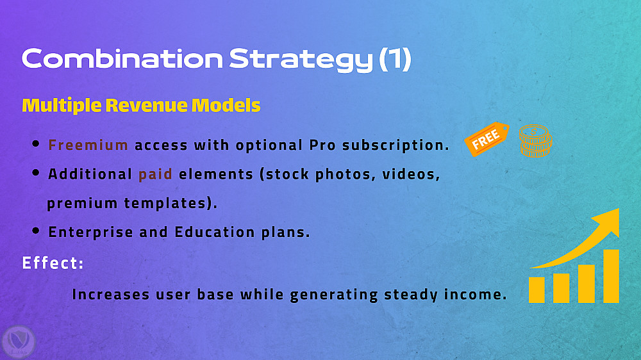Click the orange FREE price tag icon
[487, 139]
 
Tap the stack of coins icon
[535, 141]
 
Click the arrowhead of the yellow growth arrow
[608, 220]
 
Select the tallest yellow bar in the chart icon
[611, 276]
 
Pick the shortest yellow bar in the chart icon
[537, 290]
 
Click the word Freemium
[88, 145]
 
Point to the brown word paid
[155, 174]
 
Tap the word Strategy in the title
[301, 60]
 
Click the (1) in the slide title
[395, 59]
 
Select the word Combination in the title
[122, 58]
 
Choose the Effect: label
[53, 263]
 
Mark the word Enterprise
[91, 232]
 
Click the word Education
[215, 232]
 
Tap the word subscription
[395, 145]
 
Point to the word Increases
[111, 294]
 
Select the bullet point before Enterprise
[36, 231]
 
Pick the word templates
[171, 203]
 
